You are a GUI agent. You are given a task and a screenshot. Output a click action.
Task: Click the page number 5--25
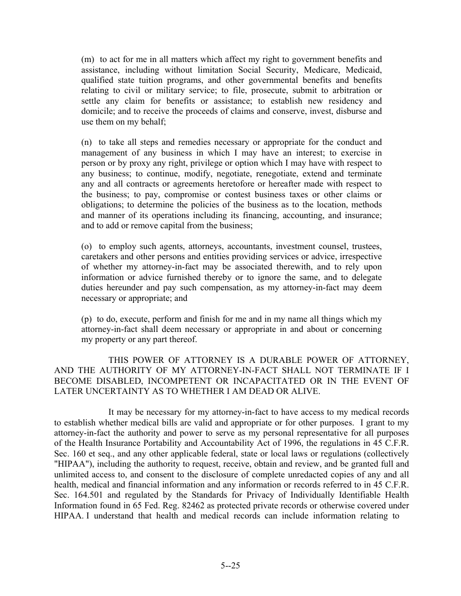point(230,565)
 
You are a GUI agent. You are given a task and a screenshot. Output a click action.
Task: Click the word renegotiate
point(278,173)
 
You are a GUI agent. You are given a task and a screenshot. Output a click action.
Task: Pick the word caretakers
point(99,257)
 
